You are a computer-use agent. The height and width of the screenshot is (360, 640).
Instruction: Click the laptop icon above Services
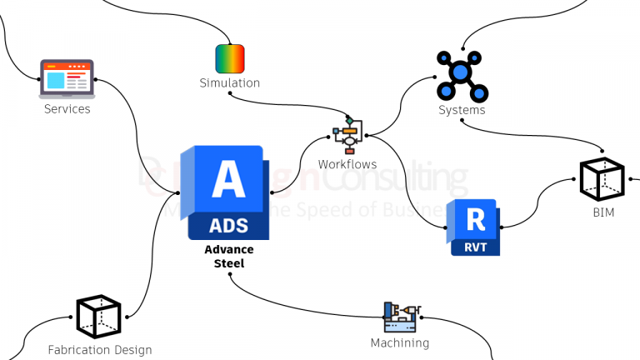coord(67,79)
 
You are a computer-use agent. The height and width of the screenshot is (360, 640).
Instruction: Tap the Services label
coord(67,108)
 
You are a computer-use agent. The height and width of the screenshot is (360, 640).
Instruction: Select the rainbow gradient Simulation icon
coord(230,59)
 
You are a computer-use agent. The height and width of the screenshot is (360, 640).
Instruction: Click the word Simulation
coord(230,82)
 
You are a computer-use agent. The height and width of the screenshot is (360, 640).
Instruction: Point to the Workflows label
coord(347,164)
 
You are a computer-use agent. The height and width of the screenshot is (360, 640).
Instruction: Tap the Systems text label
coord(462,110)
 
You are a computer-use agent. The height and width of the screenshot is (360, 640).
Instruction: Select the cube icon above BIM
coord(602,179)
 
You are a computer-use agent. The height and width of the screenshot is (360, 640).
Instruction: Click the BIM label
coord(603,213)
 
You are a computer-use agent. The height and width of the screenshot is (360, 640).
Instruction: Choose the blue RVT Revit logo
coord(474,227)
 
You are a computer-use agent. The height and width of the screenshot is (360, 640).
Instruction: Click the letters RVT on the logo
coord(475,247)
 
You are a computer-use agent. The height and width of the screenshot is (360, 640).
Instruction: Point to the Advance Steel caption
coord(229,257)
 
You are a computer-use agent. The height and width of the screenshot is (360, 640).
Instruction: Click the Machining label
coord(400,342)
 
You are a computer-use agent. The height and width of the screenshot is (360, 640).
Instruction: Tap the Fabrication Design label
coord(100,350)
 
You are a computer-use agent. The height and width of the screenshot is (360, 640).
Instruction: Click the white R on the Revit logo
coord(476,219)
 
